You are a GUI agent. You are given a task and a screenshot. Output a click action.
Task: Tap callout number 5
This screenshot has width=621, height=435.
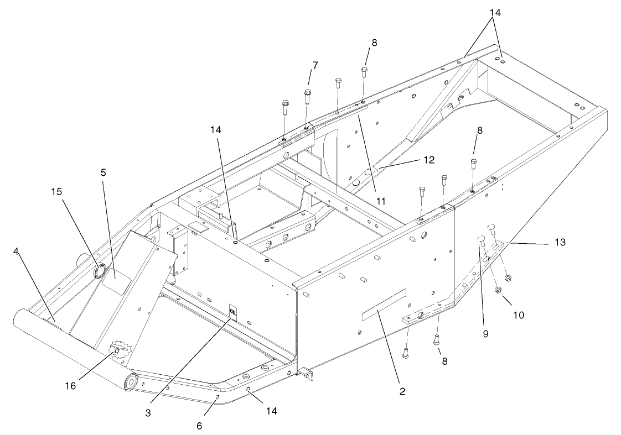point(103,172)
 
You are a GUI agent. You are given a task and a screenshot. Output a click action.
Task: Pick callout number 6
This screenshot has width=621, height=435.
point(200,426)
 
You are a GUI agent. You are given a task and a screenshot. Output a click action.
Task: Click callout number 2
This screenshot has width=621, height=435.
point(402,391)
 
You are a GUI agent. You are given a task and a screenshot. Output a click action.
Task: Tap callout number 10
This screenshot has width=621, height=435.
point(519,315)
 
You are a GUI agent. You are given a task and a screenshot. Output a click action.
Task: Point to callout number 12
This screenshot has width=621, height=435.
point(428,160)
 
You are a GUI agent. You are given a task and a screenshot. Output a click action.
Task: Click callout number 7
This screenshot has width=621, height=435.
point(315,65)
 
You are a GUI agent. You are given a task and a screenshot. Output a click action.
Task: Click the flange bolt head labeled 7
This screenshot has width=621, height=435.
point(308,92)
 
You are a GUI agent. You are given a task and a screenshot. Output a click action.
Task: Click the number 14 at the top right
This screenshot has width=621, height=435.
point(495,12)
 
